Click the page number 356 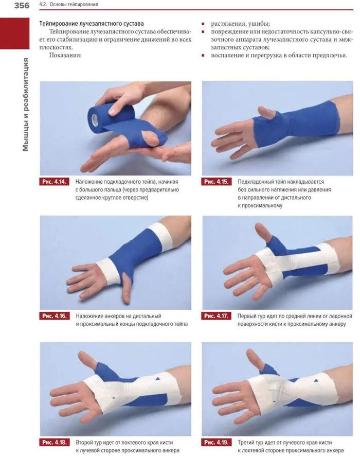[x=22, y=5]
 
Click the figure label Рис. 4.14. [x=55, y=182]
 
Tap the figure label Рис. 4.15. [x=216, y=182]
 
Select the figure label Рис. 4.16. [x=55, y=316]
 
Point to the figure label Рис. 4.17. [x=216, y=316]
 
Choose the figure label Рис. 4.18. [x=55, y=442]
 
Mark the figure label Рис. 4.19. [x=216, y=442]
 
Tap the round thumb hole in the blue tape [x=151, y=137]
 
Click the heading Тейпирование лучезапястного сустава [x=92, y=24]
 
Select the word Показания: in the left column [x=65, y=55]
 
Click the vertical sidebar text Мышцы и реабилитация [x=26, y=104]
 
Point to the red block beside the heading [x=14, y=33]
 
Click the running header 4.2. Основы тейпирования [x=68, y=4]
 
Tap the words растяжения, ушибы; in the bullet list [x=240, y=24]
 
